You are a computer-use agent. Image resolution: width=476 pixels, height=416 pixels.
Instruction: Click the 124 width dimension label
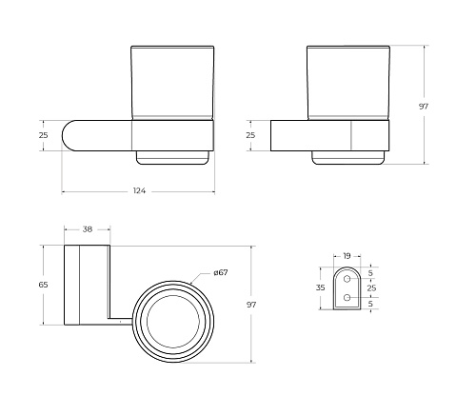[x=139, y=190]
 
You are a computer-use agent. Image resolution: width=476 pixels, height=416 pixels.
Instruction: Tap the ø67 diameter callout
[x=221, y=272]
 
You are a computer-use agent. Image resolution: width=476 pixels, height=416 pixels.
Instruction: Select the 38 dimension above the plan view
[x=88, y=228]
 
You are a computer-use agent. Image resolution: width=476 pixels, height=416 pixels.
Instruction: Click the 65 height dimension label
[x=43, y=285]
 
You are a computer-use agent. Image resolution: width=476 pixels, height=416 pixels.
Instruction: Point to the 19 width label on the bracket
[x=347, y=255]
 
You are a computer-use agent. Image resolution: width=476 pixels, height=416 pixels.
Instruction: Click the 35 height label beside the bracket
[x=321, y=287]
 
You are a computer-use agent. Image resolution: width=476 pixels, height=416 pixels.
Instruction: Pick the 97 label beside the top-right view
[x=424, y=107]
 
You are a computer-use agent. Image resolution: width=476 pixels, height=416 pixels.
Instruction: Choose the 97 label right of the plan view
[x=251, y=305]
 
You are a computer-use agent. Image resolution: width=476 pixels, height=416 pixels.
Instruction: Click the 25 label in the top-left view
[x=44, y=135]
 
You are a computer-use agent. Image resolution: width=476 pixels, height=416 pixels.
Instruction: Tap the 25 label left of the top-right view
[x=250, y=135]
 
